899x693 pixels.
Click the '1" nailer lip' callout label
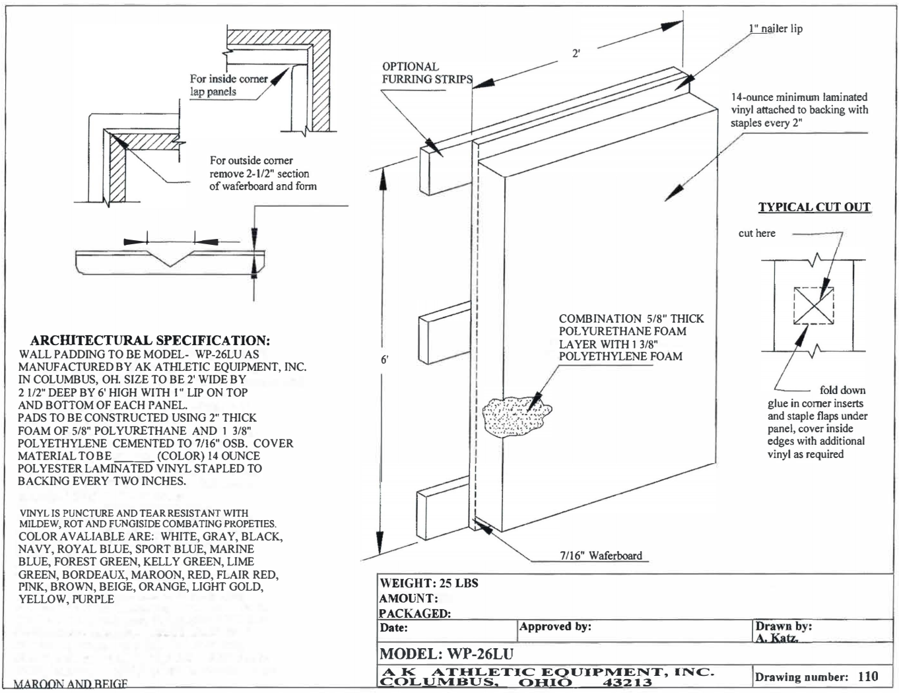[776, 29]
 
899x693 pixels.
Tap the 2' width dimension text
[576, 53]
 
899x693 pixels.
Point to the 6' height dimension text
[384, 360]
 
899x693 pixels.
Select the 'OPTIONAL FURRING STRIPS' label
[427, 73]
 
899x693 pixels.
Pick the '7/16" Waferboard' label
[601, 556]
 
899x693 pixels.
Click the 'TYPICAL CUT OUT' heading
[814, 207]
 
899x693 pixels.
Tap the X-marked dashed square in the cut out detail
[813, 306]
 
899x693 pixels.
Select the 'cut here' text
[756, 233]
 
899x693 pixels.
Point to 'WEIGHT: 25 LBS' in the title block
[428, 583]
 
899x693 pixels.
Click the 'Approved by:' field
[555, 626]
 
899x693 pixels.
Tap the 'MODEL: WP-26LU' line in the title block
[446, 654]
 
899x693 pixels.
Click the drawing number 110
[868, 676]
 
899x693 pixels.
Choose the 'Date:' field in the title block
[394, 628]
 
